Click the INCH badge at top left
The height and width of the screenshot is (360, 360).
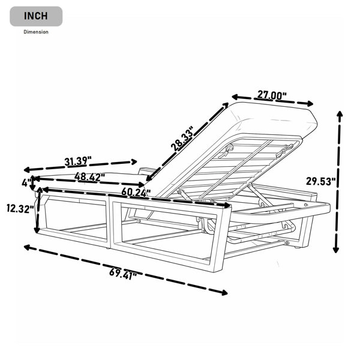(x=36, y=16)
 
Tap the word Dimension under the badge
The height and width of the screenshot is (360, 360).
(x=36, y=32)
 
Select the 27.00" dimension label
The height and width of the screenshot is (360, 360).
(x=272, y=95)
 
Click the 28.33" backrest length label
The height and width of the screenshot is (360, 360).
(x=182, y=139)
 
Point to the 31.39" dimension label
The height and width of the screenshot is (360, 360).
(x=78, y=161)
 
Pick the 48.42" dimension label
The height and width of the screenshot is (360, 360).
(x=89, y=177)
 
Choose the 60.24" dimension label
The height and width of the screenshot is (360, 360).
(x=136, y=192)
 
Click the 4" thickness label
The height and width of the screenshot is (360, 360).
(x=26, y=183)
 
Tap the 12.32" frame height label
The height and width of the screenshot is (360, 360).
(x=20, y=209)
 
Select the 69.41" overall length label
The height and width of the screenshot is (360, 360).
(x=123, y=274)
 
